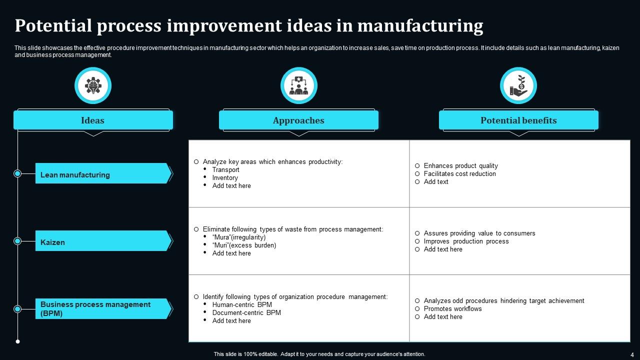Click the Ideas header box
click(93, 120)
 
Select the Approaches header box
click(298, 120)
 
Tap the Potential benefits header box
click(518, 120)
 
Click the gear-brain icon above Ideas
click(93, 85)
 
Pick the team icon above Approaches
click(299, 85)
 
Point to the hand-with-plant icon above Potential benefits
click(518, 85)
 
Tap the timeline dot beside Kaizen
click(17, 241)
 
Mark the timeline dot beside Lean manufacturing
click(17, 173)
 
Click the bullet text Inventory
click(225, 178)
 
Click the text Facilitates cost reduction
click(459, 174)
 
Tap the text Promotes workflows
click(452, 309)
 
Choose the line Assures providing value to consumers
click(479, 233)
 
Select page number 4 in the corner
click(632, 354)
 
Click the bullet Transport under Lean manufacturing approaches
click(225, 170)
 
